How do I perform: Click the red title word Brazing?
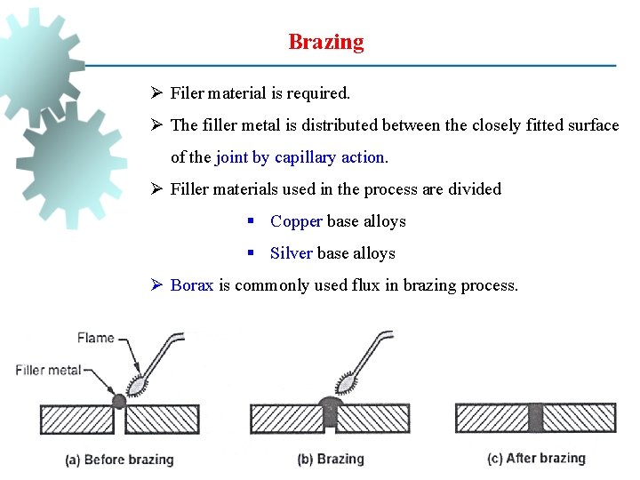325,42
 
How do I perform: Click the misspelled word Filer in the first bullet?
187,92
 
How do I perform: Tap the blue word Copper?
297,221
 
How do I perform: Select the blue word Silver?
291,253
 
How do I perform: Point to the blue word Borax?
192,285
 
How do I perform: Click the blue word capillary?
307,157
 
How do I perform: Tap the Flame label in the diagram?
94,337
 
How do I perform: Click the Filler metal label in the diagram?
48,370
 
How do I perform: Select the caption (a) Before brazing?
119,460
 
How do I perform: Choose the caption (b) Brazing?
330,459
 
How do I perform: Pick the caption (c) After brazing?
537,459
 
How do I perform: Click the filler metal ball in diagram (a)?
119,400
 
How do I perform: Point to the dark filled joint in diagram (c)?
535,418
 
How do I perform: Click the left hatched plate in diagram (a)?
76,419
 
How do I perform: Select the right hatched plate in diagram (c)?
579,418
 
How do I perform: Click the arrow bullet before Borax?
156,285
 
